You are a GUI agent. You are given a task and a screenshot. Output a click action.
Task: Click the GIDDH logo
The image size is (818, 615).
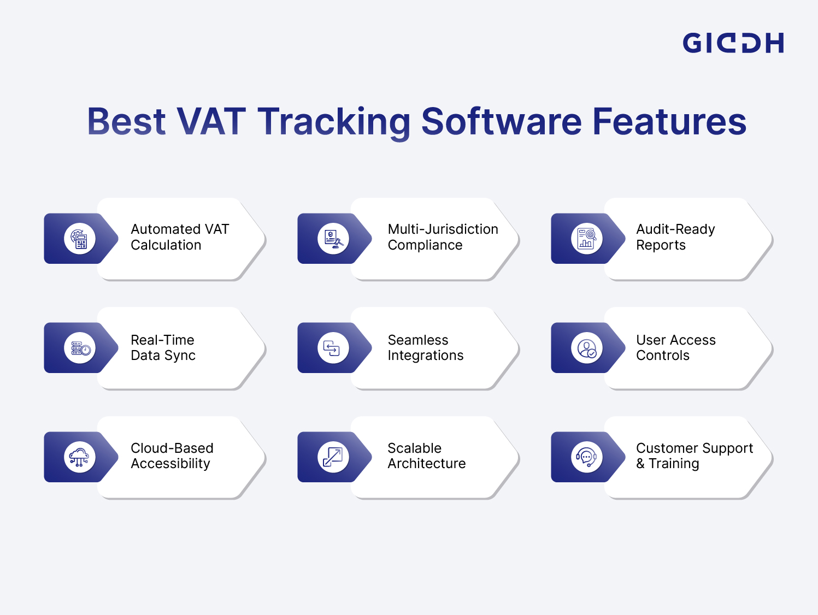[733, 43]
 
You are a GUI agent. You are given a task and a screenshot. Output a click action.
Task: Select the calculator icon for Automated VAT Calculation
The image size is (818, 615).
[80, 239]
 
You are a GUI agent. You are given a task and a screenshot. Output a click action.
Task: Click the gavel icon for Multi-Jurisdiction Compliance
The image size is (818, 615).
[333, 239]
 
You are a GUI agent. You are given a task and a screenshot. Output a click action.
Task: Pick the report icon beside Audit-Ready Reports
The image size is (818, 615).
[587, 239]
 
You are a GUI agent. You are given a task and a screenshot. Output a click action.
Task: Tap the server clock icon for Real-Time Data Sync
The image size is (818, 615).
[80, 348]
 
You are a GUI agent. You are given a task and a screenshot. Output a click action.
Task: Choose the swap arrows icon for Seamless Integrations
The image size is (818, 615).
[333, 348]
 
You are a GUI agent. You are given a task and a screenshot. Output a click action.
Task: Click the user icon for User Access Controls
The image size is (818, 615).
[587, 348]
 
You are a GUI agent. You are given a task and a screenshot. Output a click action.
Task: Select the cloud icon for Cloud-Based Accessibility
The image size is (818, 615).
[80, 457]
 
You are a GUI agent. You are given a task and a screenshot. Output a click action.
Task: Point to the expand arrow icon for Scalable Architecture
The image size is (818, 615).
[333, 457]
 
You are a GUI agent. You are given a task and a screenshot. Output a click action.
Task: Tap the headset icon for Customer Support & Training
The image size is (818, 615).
[587, 457]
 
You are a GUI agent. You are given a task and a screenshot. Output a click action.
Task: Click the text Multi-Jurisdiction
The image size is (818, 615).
[443, 229]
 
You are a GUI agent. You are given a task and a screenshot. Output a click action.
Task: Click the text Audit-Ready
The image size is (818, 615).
[675, 229]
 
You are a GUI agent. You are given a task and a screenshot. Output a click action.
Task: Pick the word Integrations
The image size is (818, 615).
[425, 356]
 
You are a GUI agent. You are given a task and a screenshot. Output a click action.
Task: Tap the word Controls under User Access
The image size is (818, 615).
[662, 356]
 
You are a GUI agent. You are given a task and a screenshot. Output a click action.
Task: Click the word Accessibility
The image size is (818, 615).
[170, 464]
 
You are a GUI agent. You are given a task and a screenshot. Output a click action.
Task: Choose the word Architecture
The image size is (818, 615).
[426, 464]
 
